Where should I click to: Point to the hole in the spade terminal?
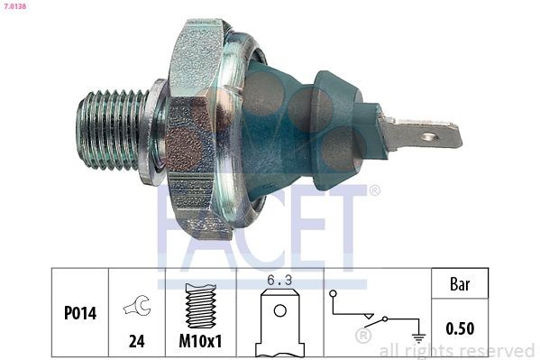click(431, 137)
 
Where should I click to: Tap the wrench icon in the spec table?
click(138, 306)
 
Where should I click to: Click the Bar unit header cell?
click(460, 284)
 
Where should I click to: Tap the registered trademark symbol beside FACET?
click(375, 191)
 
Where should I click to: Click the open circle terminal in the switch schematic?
click(334, 293)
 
